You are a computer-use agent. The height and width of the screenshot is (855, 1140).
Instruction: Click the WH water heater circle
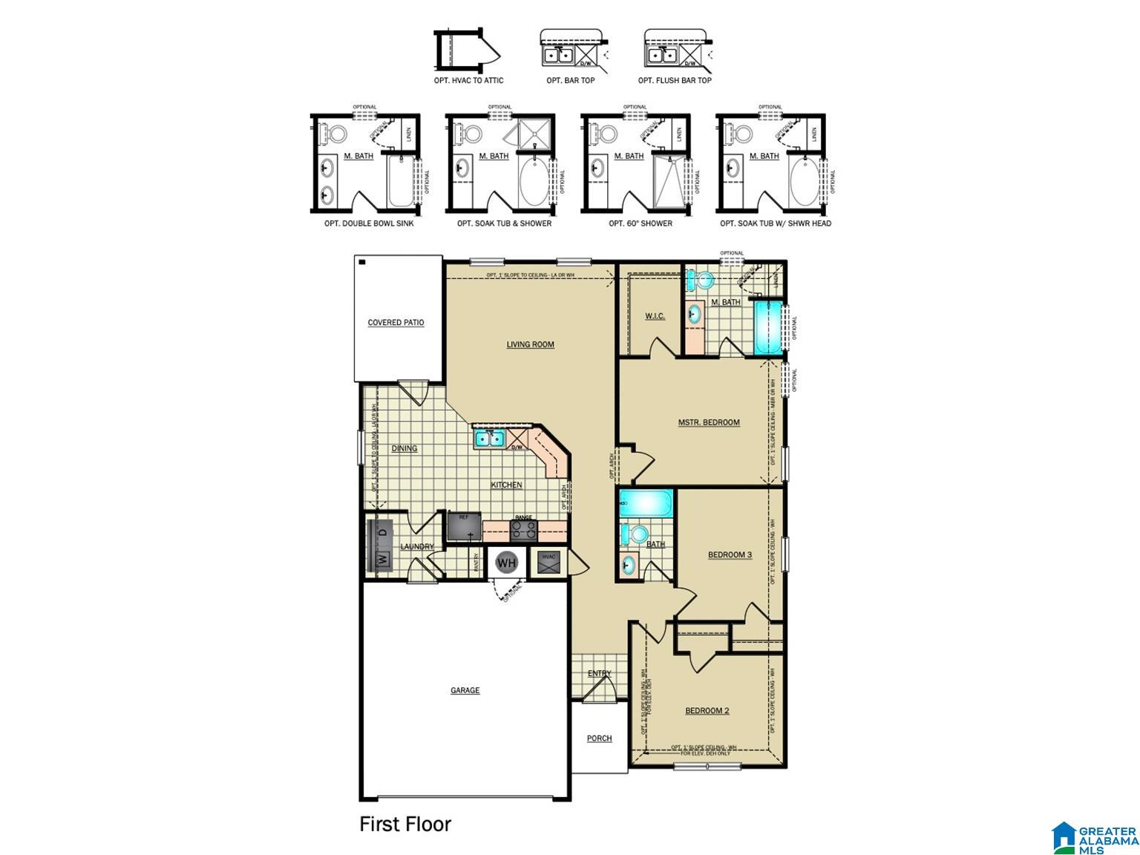tap(506, 563)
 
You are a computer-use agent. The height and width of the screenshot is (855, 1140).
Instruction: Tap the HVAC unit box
tap(549, 563)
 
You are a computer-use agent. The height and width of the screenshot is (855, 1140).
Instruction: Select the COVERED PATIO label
tap(396, 323)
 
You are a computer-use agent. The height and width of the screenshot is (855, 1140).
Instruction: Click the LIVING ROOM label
tap(530, 344)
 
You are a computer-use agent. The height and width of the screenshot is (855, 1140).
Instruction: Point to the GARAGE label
tap(465, 691)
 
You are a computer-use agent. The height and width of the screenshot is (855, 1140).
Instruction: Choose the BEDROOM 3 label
tap(730, 555)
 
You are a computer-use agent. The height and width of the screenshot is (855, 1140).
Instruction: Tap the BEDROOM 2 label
tap(707, 711)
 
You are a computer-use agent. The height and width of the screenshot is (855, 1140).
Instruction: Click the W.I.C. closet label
tap(655, 316)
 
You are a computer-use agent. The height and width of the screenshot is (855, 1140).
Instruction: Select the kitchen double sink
tap(488, 439)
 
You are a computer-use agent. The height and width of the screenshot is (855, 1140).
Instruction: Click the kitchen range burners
tap(524, 530)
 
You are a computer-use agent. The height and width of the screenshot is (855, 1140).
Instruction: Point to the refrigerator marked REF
tap(465, 527)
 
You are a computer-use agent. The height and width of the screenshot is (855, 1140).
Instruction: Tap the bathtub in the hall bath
tap(646, 504)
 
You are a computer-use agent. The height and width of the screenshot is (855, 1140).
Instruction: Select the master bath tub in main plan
tap(767, 327)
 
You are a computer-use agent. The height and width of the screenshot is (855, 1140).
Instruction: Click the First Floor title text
tap(405, 825)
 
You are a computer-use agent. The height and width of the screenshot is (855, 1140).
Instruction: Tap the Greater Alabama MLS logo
tap(1095, 837)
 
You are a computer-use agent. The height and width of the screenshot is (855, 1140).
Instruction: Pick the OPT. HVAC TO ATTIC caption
tap(469, 80)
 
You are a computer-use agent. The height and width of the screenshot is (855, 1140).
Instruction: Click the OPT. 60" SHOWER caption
tap(640, 223)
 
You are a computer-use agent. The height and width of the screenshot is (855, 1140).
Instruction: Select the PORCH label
tap(599, 738)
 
